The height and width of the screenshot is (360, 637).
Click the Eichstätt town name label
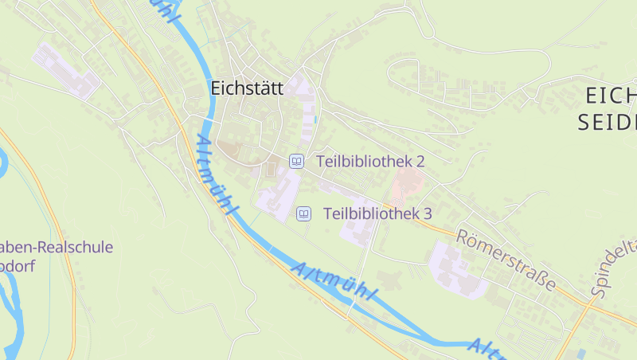pos(247,88)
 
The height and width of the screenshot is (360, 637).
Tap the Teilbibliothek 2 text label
pos(370,161)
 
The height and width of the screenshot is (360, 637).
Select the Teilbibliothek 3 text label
pos(377,213)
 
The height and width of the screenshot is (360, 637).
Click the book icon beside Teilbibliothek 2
pos(296,161)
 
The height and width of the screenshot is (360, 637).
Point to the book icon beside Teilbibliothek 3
pos(303,213)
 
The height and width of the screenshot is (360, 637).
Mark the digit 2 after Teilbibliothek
pos(420,161)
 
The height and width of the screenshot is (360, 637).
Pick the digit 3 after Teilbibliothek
pos(427,213)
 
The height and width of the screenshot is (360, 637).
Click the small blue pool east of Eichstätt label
pos(316,119)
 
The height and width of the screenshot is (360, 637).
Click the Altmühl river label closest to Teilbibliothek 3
pos(334,284)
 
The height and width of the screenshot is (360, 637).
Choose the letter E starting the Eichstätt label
pos(216,88)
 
